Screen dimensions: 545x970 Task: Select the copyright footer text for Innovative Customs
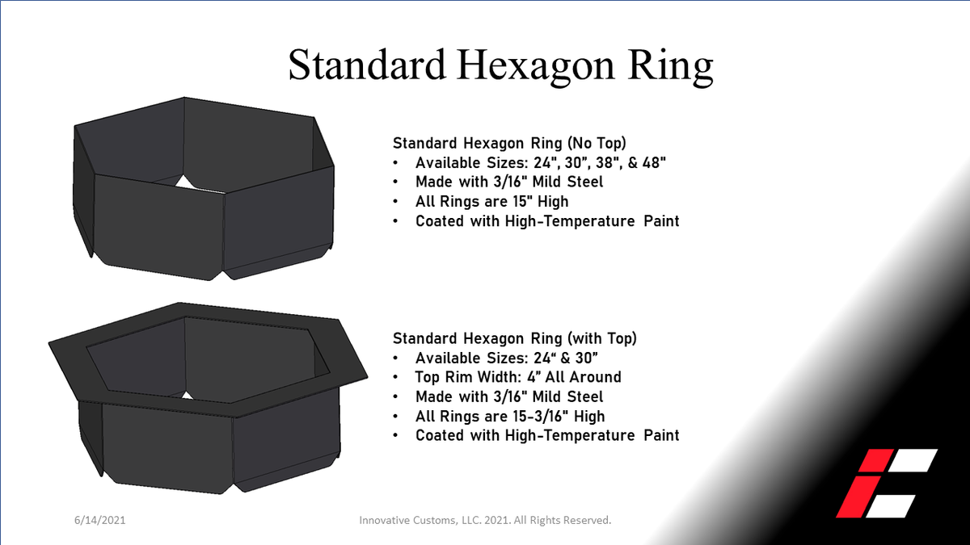point(485,520)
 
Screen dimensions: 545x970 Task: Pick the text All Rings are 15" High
point(493,201)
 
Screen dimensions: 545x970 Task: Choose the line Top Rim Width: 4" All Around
point(518,377)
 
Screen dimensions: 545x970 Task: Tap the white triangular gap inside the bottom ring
point(187,396)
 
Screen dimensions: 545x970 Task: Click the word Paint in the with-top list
point(659,435)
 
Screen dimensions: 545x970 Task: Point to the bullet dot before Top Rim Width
point(396,377)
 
